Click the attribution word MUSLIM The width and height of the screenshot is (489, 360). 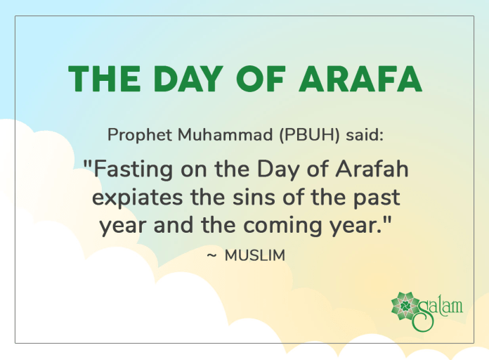tap(255, 256)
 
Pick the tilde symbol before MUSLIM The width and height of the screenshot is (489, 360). tap(211, 256)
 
